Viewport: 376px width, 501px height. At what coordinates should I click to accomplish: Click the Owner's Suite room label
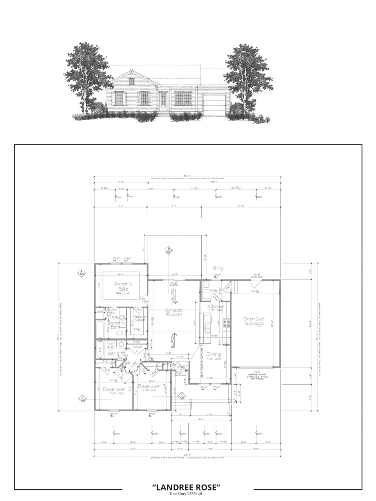click(x=123, y=286)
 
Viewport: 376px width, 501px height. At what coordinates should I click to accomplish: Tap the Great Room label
click(x=174, y=312)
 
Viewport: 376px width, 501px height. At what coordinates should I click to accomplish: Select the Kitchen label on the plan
click(x=216, y=306)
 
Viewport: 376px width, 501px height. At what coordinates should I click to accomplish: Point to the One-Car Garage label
click(x=254, y=321)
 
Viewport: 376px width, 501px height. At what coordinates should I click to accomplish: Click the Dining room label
click(x=214, y=354)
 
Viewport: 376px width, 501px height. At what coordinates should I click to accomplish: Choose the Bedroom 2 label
click(x=117, y=389)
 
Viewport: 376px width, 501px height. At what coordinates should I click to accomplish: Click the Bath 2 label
click(x=114, y=353)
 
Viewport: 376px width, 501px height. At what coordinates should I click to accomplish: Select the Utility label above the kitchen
click(x=218, y=268)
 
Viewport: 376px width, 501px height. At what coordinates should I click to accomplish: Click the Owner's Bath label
click(x=116, y=324)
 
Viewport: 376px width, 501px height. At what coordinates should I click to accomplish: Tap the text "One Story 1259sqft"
click(x=186, y=494)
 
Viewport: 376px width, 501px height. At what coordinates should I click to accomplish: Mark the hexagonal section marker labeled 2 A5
click(x=168, y=250)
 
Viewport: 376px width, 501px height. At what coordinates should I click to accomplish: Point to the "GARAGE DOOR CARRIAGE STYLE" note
click(x=256, y=377)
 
